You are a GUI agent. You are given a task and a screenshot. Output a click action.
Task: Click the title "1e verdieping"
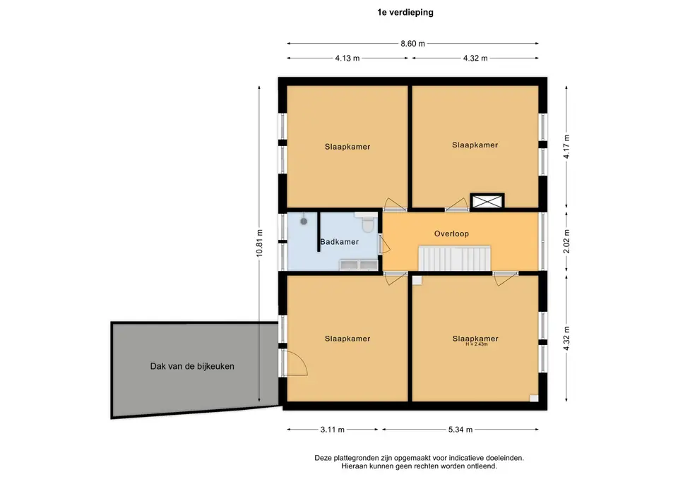[x=405, y=13]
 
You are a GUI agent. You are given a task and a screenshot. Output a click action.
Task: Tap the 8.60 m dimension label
[x=412, y=44]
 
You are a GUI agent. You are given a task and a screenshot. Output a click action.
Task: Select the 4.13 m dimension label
[x=347, y=59]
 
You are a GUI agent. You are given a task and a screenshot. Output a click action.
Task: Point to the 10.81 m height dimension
[x=259, y=243]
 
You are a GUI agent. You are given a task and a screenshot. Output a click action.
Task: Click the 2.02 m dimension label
[x=566, y=241]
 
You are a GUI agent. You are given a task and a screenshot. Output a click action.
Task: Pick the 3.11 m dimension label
[x=333, y=430]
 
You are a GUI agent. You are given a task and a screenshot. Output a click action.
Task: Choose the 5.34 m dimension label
[x=460, y=430]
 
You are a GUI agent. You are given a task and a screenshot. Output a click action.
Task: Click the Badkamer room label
[x=340, y=242]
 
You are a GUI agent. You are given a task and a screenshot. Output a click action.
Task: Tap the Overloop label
[x=451, y=234]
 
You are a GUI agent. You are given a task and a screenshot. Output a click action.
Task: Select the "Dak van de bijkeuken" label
[x=192, y=366]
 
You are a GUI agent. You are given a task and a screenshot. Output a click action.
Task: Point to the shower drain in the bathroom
[x=304, y=221]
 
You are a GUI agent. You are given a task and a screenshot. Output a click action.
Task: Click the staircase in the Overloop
[x=454, y=258]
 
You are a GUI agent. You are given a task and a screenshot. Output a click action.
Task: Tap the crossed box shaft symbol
[x=487, y=201]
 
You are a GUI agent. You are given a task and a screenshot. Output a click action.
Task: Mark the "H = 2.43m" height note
[x=477, y=344]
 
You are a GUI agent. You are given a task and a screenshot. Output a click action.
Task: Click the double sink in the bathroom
[x=359, y=265]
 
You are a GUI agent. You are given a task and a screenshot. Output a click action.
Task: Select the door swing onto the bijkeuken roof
[x=295, y=362]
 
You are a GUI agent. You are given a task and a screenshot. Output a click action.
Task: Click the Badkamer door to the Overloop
[x=384, y=245]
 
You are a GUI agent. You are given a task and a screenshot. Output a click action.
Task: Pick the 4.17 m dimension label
[x=566, y=147]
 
